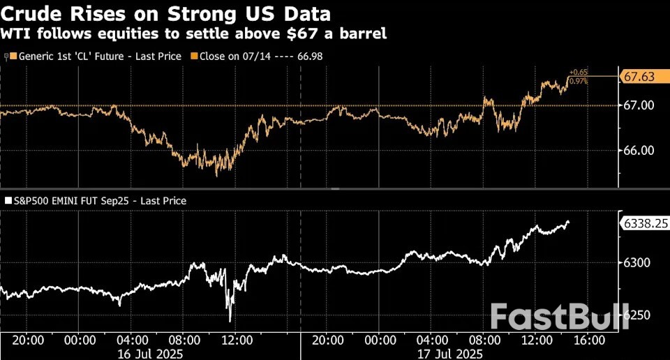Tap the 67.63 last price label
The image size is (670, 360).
click(x=639, y=77)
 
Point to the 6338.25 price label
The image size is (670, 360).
click(x=644, y=223)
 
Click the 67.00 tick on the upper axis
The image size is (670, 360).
click(x=638, y=105)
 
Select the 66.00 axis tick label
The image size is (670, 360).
click(x=638, y=150)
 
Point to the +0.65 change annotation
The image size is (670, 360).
click(x=578, y=73)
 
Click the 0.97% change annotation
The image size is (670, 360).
click(x=578, y=81)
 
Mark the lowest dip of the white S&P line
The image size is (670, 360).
click(x=230, y=321)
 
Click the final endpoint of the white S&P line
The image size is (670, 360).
click(x=568, y=222)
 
